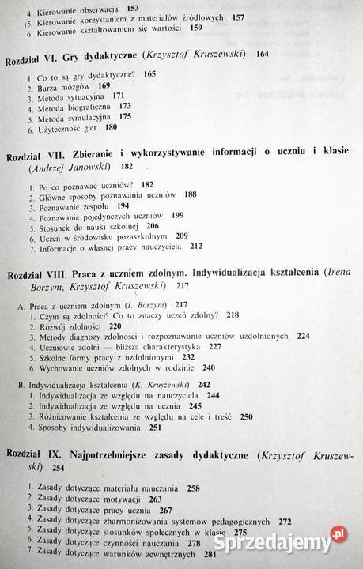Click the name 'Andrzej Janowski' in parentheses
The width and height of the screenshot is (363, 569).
pos(67,168)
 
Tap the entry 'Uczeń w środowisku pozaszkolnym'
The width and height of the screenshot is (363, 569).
pos(98,236)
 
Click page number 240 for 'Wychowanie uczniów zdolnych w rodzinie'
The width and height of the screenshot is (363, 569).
pos(209,367)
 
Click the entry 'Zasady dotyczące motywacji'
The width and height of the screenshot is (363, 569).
pos(86,500)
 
